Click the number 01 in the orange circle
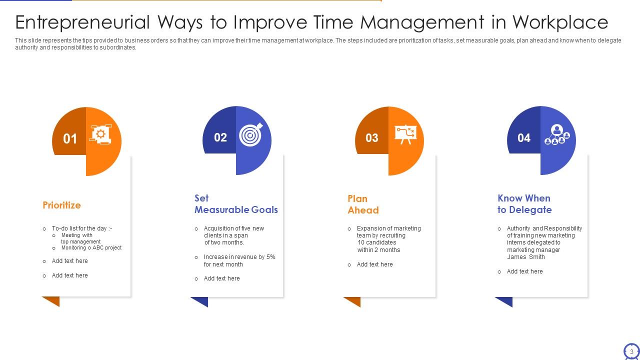tap(70, 138)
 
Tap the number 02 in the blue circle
tap(220, 137)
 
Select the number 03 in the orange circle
tap(372, 138)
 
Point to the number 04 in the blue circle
tap(523, 138)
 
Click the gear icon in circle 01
tap(101, 134)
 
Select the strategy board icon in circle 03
tap(405, 134)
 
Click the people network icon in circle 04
tap(556, 134)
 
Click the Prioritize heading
tap(61, 205)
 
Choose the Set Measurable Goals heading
tap(236, 204)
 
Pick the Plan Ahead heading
tap(363, 204)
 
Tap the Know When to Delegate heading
tap(524, 204)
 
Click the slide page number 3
tap(631, 352)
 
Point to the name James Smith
tap(525, 257)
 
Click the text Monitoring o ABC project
tap(91, 247)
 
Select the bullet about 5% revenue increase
tap(239, 260)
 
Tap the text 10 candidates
tap(376, 242)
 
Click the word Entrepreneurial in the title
tap(82, 22)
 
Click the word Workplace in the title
tap(560, 22)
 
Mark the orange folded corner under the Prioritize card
tap(51, 301)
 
